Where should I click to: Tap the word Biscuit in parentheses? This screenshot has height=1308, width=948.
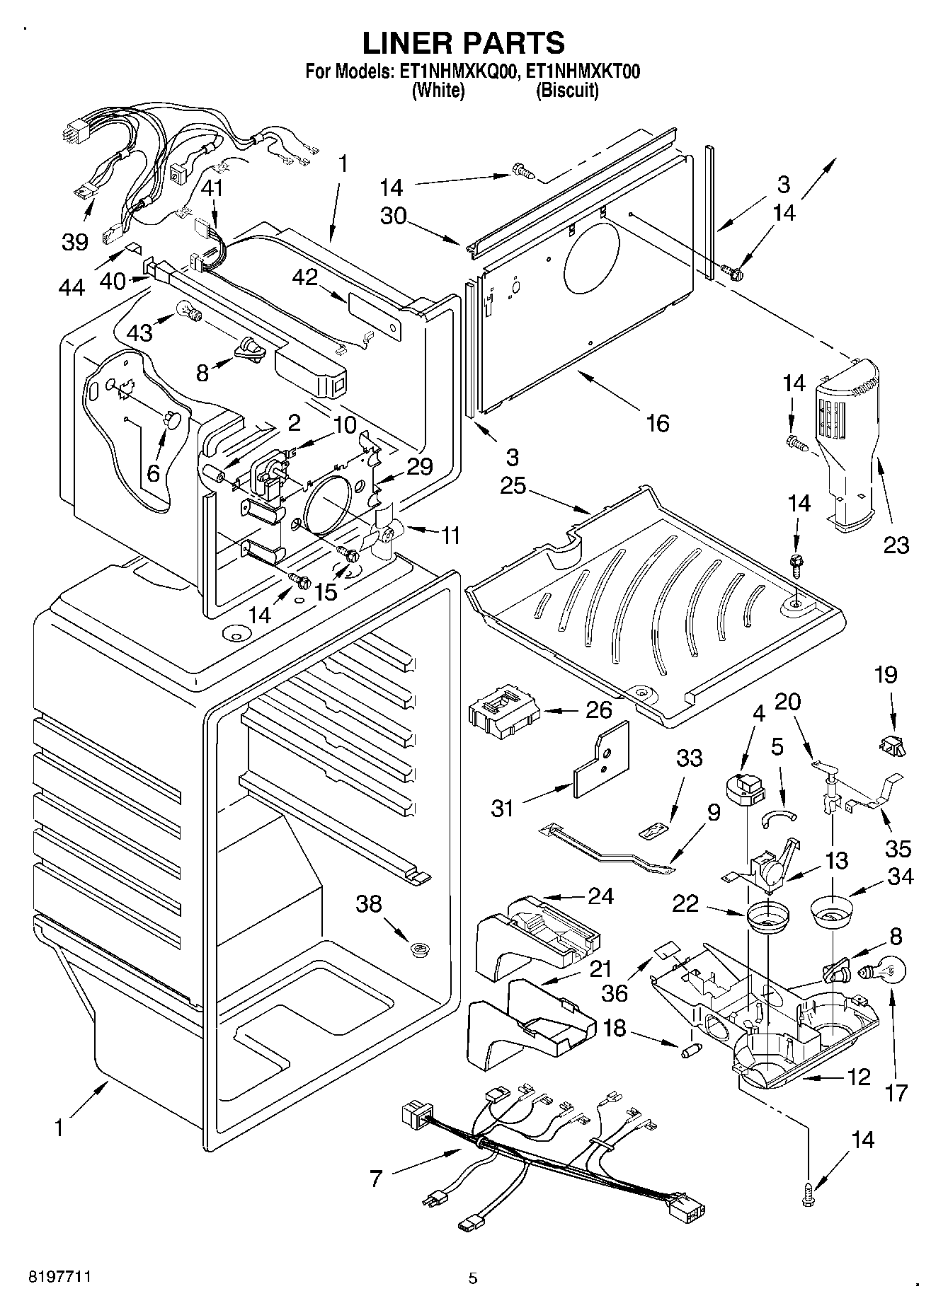(566, 91)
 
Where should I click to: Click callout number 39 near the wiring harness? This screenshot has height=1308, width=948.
(74, 241)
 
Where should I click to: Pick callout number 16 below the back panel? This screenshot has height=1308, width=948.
(658, 423)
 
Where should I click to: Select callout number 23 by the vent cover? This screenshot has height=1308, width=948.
(896, 544)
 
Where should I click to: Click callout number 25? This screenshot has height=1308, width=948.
(513, 486)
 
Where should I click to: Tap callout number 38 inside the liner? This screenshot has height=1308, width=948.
(370, 903)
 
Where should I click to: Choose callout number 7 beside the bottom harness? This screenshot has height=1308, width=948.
(376, 1178)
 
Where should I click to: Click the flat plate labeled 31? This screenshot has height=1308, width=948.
(601, 760)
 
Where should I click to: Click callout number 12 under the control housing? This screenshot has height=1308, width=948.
(858, 1077)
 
